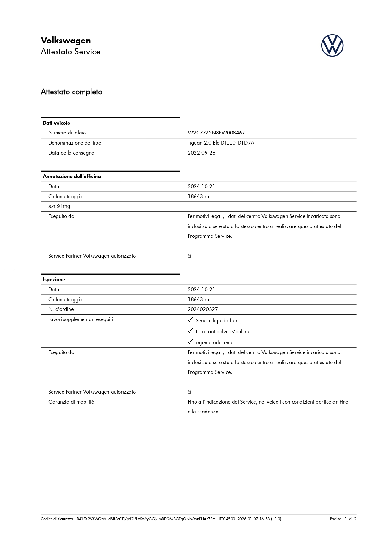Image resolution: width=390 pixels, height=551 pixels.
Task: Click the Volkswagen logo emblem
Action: pyautogui.click(x=332, y=46)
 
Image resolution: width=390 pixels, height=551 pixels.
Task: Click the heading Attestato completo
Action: pyautogui.click(x=72, y=92)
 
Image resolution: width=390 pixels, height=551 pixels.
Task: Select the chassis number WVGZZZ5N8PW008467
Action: pyautogui.click(x=216, y=133)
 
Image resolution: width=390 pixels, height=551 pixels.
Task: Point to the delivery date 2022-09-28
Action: pyautogui.click(x=201, y=153)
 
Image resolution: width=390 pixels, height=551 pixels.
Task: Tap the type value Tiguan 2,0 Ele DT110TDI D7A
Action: pyautogui.click(x=221, y=143)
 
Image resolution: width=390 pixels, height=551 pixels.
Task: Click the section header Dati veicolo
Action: pyautogui.click(x=57, y=123)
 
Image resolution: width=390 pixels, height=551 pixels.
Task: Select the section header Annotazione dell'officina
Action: pyautogui.click(x=72, y=177)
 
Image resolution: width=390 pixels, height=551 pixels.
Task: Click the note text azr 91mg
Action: pyautogui.click(x=59, y=206)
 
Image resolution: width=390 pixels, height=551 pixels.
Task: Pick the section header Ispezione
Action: pyautogui.click(x=54, y=280)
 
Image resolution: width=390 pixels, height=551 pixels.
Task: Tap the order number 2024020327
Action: pyautogui.click(x=203, y=309)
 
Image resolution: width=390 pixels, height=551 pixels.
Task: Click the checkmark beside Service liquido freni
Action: pyautogui.click(x=190, y=320)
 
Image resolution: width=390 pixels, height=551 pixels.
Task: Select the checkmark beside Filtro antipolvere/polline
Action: pyautogui.click(x=190, y=331)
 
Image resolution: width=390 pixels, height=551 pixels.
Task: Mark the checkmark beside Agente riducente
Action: pyautogui.click(x=190, y=342)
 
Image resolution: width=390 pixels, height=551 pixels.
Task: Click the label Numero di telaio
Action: pyautogui.click(x=67, y=133)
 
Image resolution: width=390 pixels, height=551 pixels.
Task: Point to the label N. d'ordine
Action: pyautogui.click(x=61, y=309)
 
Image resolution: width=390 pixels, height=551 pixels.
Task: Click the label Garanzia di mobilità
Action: pyautogui.click(x=71, y=402)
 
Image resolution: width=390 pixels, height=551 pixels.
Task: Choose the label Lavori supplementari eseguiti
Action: pyautogui.click(x=81, y=319)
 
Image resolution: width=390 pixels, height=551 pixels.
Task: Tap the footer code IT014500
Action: pyautogui.click(x=227, y=519)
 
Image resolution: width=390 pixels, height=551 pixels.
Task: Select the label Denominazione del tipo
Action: pyautogui.click(x=75, y=143)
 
